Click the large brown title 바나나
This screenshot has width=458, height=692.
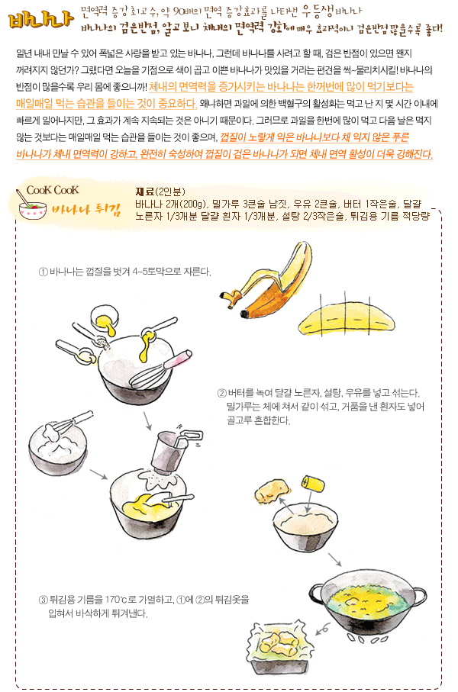coord(40,20)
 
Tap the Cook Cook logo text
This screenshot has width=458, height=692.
coord(53,190)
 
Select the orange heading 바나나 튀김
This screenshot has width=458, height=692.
coord(86,210)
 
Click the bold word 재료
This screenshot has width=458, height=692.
coord(144,192)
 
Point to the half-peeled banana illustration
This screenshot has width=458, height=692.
coord(266,282)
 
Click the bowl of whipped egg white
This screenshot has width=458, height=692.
coord(58,448)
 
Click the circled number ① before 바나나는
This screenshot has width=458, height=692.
coord(44,272)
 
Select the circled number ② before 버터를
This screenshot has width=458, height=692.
coord(221,393)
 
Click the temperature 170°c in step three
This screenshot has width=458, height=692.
coord(116,600)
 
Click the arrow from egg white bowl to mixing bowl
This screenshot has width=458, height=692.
coord(98,475)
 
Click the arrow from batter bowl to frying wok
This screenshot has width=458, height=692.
coord(335,559)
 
